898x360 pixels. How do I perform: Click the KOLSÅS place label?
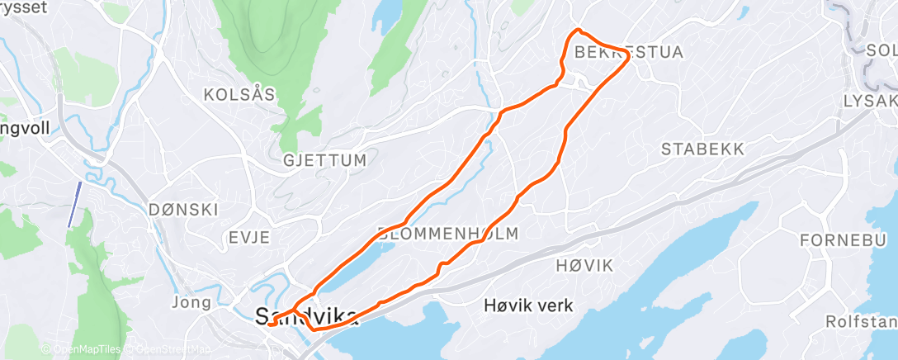[x=239, y=94]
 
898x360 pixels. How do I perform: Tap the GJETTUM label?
[x=324, y=160]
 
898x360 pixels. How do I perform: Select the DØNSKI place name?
[x=184, y=209]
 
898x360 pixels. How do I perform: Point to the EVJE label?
[x=248, y=238]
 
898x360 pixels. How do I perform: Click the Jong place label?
[x=191, y=302]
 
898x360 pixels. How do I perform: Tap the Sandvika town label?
[x=307, y=316]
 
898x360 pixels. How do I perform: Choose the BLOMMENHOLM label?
[x=448, y=234]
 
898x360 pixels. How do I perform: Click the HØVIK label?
[x=584, y=265]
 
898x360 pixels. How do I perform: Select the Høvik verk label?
[x=528, y=306]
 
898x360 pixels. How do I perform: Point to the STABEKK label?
[x=703, y=149]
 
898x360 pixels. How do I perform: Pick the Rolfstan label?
[x=860, y=320]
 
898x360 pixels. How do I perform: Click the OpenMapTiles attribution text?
[x=82, y=350]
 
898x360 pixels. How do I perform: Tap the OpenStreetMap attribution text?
[x=165, y=350]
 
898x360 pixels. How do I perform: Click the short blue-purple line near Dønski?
[x=74, y=204]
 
